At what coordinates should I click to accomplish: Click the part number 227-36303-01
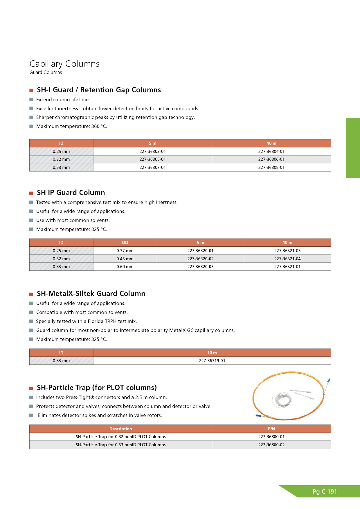152,151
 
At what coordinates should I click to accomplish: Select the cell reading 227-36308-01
271,167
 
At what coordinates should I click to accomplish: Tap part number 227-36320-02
200,259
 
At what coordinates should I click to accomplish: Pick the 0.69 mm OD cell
125,267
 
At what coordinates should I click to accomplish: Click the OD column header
125,243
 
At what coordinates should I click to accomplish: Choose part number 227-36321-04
287,259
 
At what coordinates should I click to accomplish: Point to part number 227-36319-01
212,361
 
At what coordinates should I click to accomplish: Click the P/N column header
271,429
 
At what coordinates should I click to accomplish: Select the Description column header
120,429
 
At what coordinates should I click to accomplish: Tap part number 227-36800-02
271,445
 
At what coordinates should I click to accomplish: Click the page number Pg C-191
325,492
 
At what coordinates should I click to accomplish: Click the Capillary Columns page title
64,64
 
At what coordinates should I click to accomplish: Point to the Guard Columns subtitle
46,73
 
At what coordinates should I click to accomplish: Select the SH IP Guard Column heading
71,193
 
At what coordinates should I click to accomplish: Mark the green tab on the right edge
353,148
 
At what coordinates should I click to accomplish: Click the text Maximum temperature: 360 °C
71,127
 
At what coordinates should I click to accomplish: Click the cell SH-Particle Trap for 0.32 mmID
120,437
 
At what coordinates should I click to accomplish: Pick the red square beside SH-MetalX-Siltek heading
31,294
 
